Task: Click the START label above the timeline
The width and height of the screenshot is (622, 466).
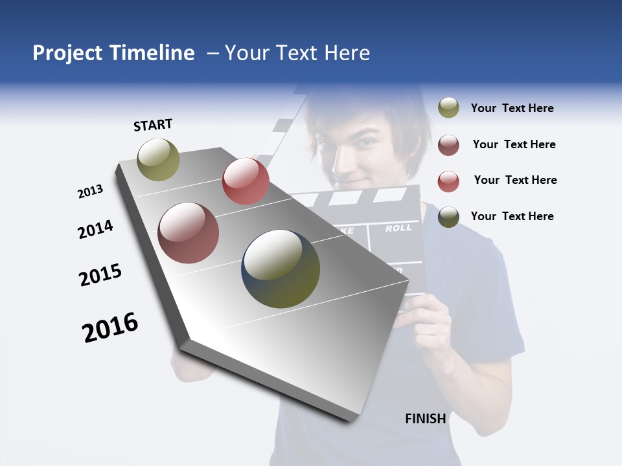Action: point(153,125)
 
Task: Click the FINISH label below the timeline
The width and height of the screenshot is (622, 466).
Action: point(425,419)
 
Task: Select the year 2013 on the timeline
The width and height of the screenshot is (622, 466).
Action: point(90,192)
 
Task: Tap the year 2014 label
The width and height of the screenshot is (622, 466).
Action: point(95,229)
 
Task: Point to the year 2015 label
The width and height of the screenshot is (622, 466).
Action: point(100,274)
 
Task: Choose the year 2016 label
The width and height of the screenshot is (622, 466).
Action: point(110,327)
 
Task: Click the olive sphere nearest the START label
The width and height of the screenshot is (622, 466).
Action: point(158,159)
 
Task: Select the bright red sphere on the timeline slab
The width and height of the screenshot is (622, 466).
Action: point(246,181)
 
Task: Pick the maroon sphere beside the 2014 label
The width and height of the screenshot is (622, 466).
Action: point(188,233)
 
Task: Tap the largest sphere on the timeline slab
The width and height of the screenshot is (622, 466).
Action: point(281,269)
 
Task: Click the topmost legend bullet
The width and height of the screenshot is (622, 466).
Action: point(448,108)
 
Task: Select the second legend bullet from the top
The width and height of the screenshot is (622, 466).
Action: point(448,145)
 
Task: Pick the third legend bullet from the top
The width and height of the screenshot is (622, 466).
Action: point(448,181)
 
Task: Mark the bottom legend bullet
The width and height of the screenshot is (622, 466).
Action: point(448,217)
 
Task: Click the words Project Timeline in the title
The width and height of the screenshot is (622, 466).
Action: point(113,53)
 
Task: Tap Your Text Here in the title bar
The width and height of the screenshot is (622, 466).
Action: point(297,53)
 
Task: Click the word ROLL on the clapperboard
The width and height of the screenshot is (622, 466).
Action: point(398,228)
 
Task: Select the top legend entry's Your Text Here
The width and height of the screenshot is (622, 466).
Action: point(512,108)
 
